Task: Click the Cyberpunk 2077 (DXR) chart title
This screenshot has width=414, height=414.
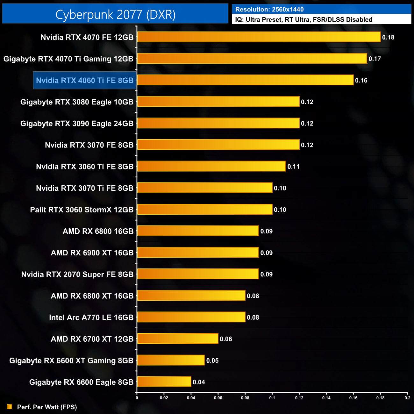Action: [x=115, y=14]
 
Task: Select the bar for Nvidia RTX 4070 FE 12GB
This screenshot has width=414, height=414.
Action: [x=259, y=37]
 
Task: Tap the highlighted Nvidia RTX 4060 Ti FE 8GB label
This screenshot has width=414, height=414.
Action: [x=85, y=80]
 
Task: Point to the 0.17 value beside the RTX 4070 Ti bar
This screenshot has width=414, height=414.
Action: [x=375, y=59]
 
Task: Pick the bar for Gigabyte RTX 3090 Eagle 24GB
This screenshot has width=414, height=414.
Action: [x=218, y=123]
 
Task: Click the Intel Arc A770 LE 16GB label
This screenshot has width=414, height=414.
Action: [x=91, y=318]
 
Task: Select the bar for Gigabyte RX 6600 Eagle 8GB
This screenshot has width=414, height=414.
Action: [x=164, y=382]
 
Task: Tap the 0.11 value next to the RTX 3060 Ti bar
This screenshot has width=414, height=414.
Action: [x=293, y=167]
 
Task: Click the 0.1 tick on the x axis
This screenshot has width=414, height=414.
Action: [x=272, y=397]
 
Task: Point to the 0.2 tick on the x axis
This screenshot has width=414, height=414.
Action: [x=407, y=397]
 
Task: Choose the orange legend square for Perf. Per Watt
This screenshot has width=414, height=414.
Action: [x=10, y=407]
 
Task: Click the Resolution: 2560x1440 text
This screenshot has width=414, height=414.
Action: [x=269, y=10]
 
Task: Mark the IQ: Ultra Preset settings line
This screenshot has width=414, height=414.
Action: [x=303, y=19]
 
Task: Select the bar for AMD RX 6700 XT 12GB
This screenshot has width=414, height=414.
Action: [x=177, y=339]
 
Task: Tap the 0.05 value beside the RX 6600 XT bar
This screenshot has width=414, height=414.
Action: [x=212, y=360]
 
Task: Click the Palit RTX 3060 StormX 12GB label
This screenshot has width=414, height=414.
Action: [x=82, y=210]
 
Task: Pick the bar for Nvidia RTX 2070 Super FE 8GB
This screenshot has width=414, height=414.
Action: [x=198, y=274]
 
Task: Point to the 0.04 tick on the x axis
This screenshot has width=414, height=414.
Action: [x=191, y=397]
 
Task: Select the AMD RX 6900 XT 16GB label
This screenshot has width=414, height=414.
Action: [x=92, y=253]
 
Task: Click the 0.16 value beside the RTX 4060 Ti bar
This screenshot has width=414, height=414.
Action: [x=361, y=81]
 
